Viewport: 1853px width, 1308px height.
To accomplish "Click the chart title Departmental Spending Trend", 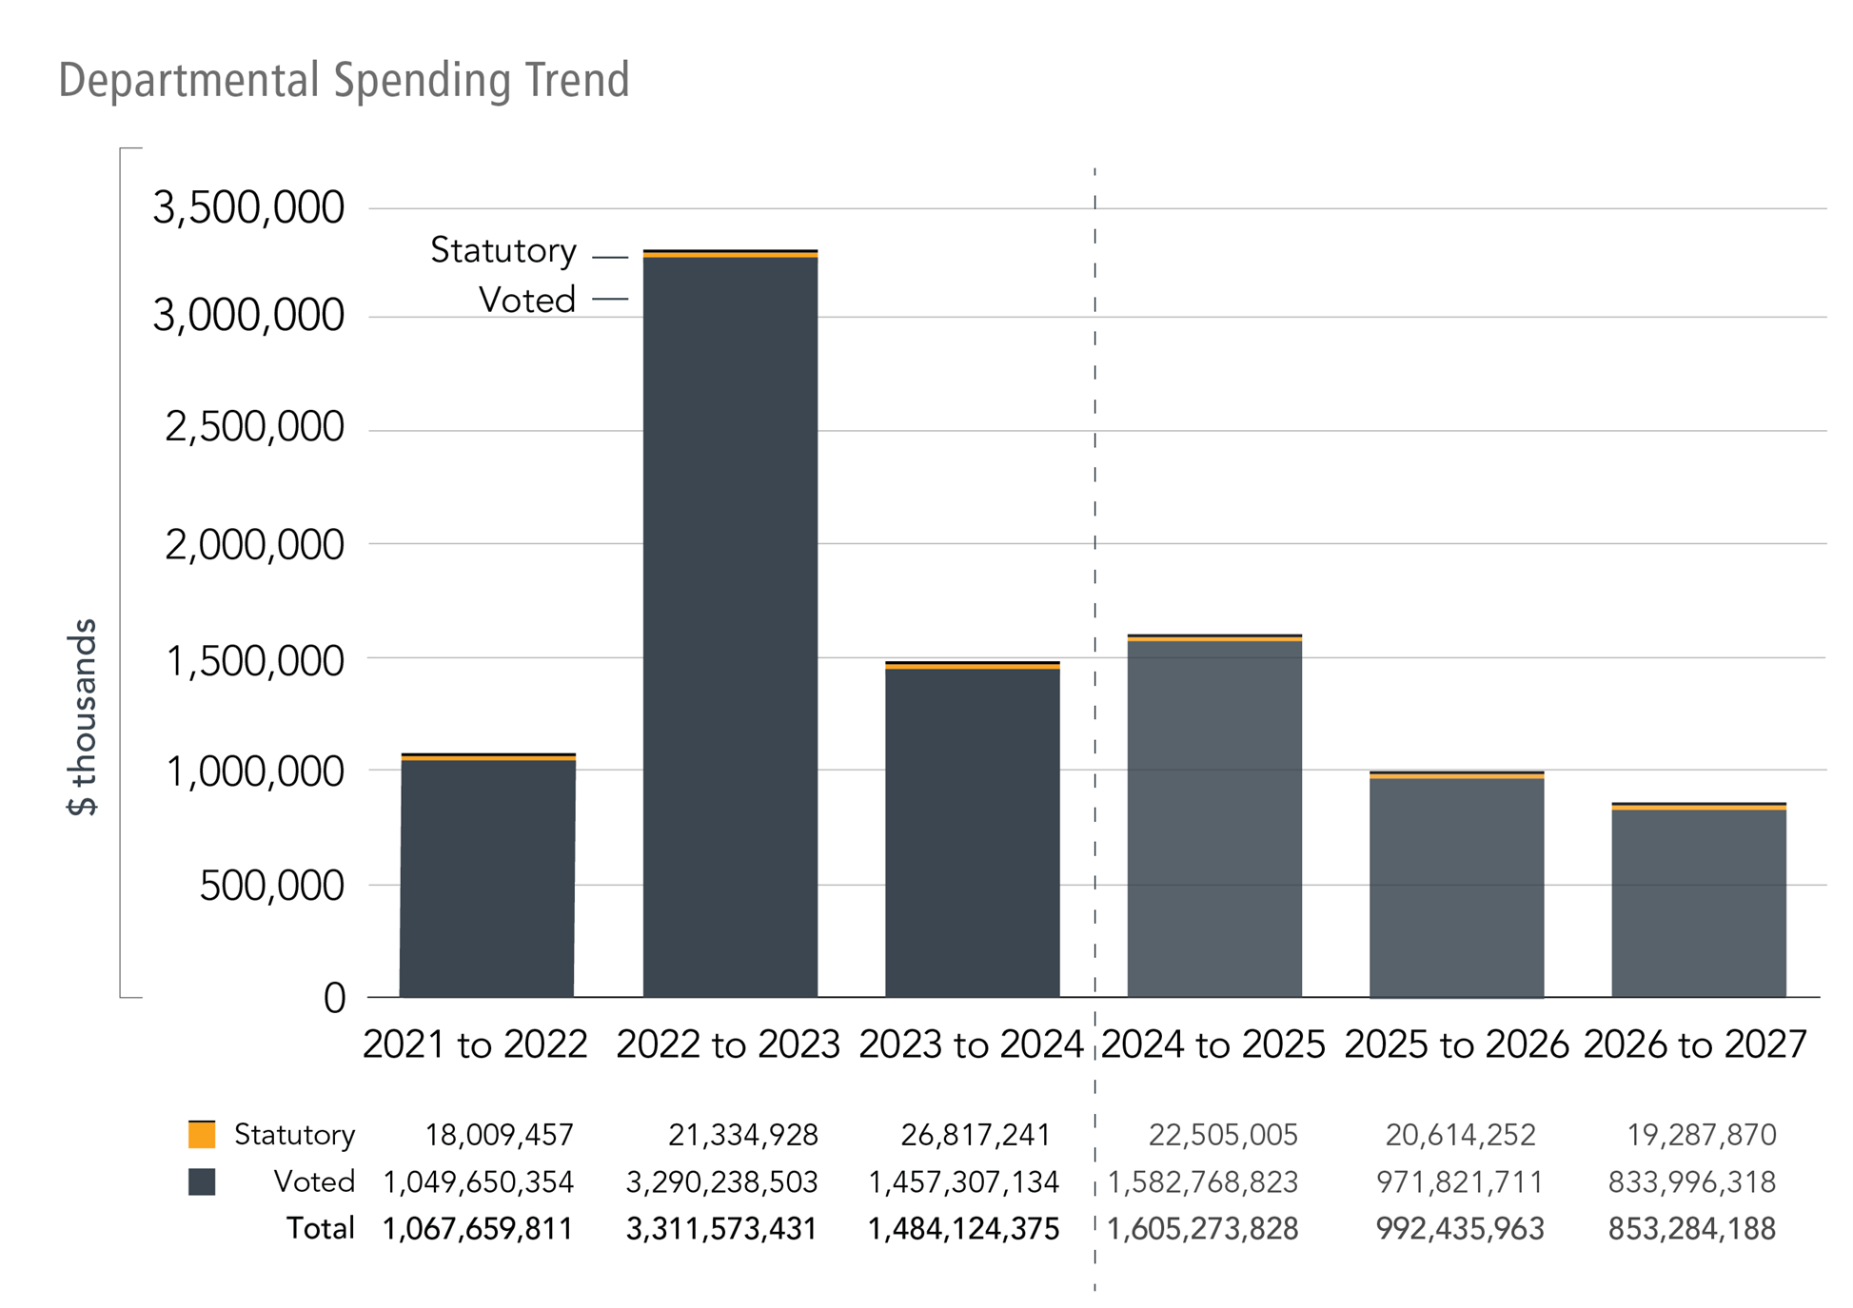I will tap(344, 80).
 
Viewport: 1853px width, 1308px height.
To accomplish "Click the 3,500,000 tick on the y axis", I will tap(248, 207).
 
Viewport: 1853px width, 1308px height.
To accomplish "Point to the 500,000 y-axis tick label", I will tap(271, 885).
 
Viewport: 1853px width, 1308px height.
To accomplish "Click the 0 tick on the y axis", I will tap(334, 999).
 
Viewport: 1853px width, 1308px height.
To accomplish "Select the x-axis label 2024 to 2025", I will tap(1213, 1044).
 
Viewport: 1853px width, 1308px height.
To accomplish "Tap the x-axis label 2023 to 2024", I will tap(971, 1044).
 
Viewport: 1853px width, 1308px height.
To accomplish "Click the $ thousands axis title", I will tap(84, 717).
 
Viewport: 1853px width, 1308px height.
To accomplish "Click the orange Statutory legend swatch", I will tap(202, 1134).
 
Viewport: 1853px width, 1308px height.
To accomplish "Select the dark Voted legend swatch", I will tap(202, 1181).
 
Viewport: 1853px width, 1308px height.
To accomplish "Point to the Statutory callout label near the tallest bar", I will tap(503, 251).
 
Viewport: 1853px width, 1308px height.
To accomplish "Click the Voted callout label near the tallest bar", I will tap(527, 301).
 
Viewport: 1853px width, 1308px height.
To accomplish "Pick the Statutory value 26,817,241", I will tap(976, 1135).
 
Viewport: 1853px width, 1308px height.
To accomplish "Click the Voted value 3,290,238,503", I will tap(721, 1182).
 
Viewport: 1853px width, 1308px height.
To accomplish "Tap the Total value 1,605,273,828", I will tap(1203, 1229).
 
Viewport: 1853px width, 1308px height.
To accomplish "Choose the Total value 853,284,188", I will tap(1691, 1229).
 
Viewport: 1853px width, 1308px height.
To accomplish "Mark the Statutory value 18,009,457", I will tap(499, 1135).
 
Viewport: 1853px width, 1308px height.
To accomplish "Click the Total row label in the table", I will tap(321, 1229).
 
